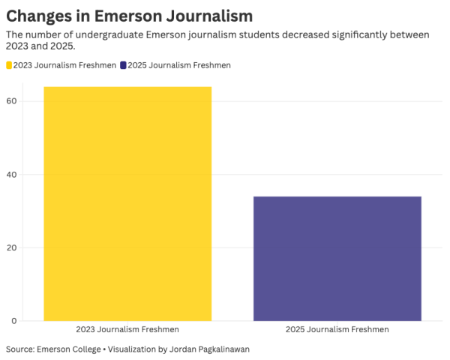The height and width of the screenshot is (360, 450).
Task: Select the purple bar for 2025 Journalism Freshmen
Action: (x=337, y=259)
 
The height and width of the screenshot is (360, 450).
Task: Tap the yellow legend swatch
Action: (x=10, y=65)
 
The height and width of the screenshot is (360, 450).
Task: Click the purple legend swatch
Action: (x=123, y=65)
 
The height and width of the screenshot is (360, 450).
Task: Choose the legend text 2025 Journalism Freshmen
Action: (x=179, y=65)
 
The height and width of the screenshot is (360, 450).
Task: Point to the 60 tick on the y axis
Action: (x=12, y=101)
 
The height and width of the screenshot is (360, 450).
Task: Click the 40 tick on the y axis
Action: (x=12, y=175)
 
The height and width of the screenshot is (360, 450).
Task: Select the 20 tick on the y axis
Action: (x=12, y=247)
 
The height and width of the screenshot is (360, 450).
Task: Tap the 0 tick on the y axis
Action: (x=14, y=321)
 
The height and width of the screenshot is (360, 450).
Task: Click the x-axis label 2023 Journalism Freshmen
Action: (x=127, y=330)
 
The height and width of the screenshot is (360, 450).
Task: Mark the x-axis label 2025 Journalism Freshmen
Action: (x=337, y=330)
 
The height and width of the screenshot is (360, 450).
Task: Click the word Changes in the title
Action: (x=39, y=15)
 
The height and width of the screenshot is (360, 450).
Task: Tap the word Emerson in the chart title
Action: (x=123, y=15)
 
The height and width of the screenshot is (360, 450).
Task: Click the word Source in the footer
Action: (x=19, y=349)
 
